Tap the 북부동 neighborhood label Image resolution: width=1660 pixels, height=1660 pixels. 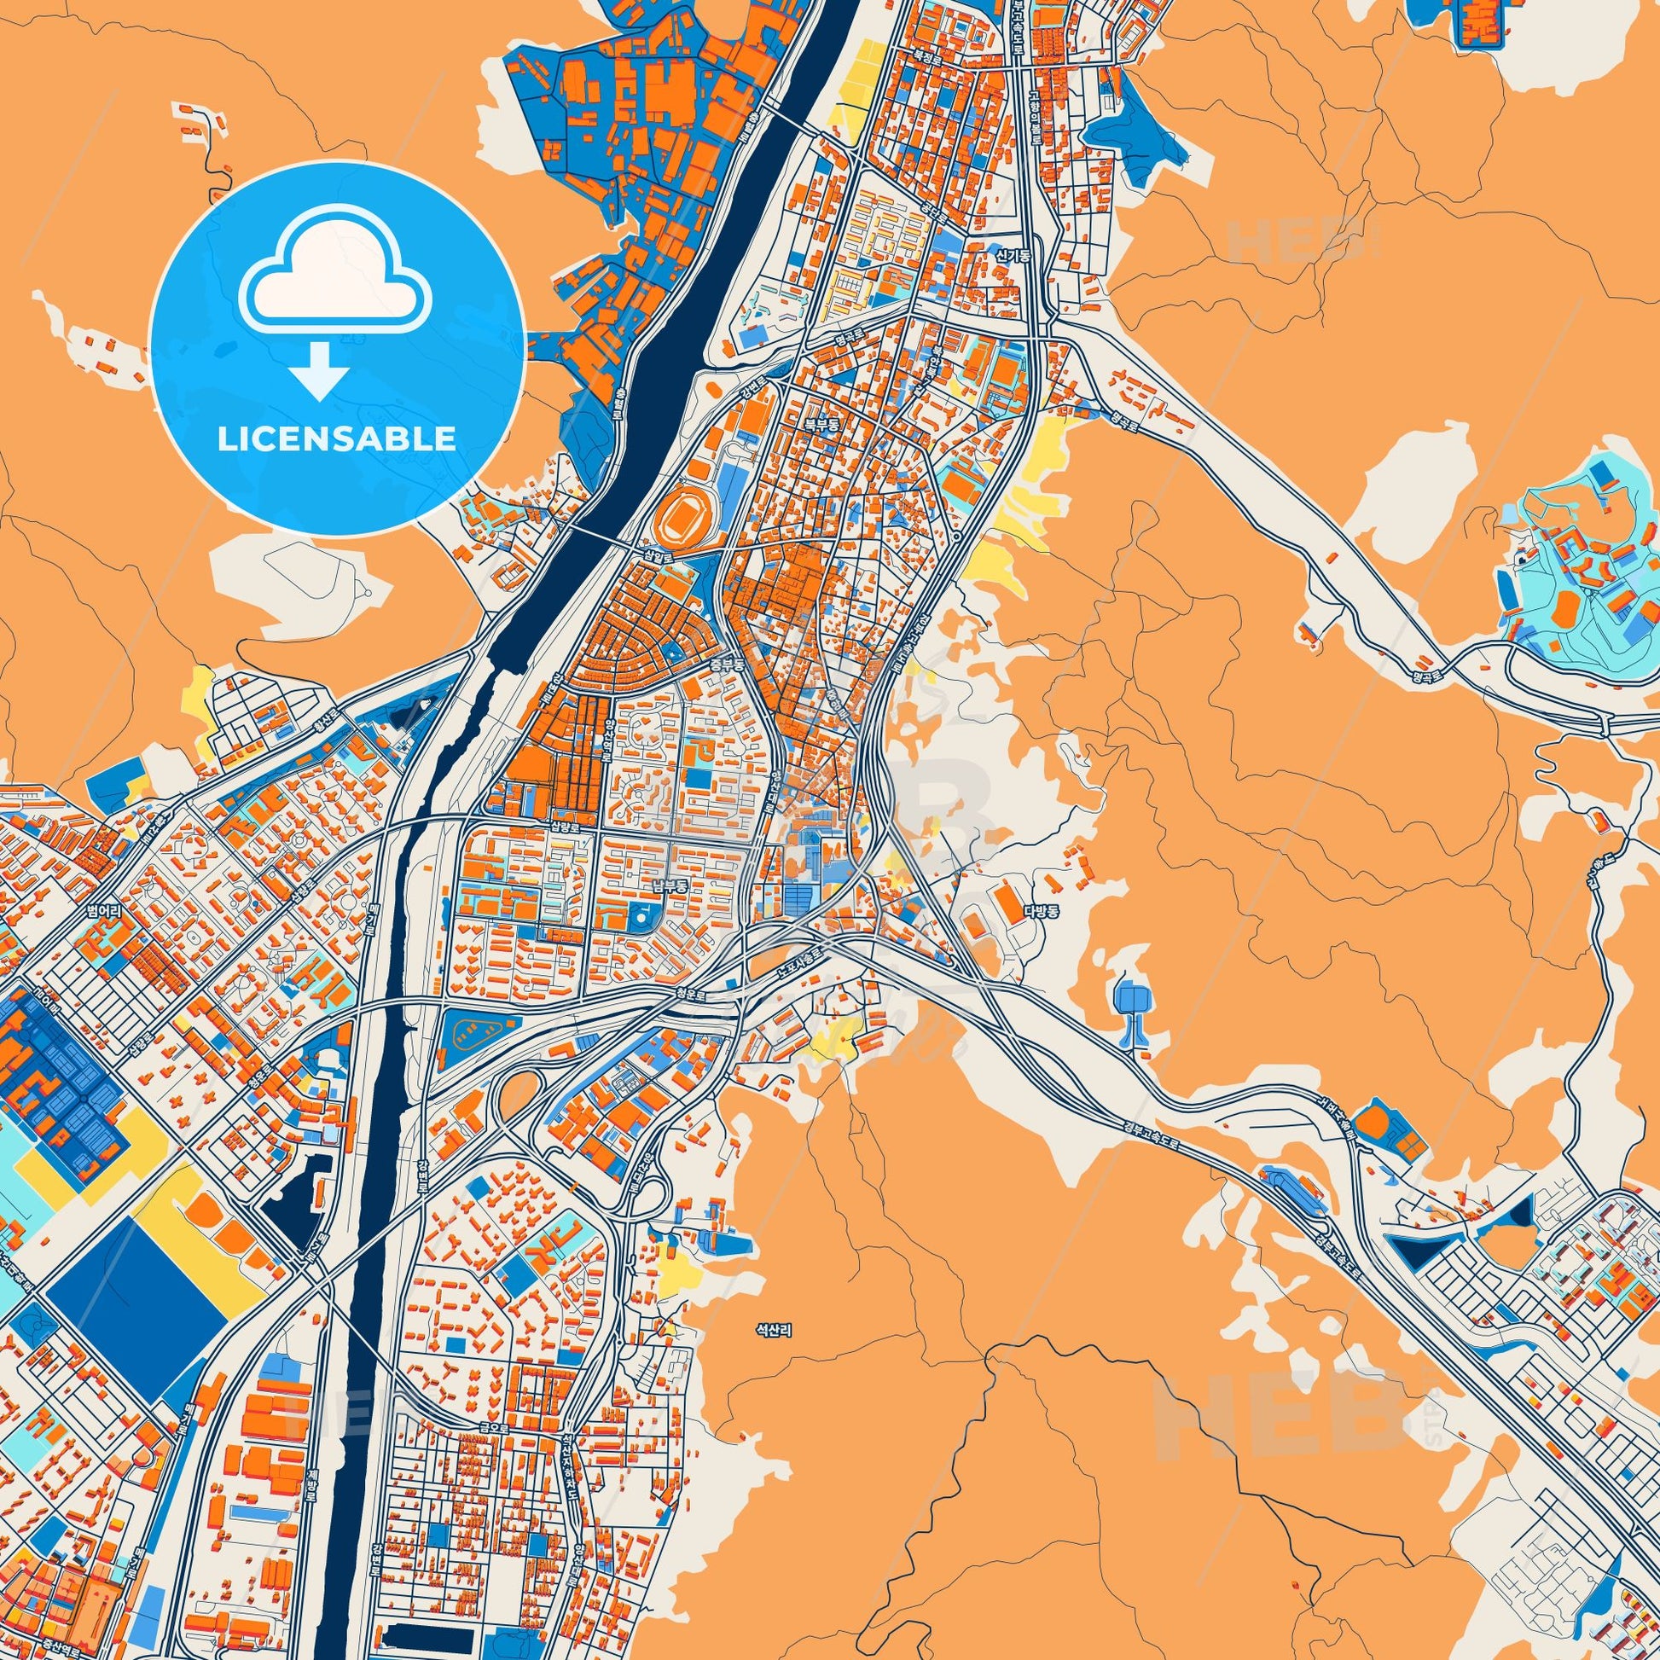click(x=820, y=426)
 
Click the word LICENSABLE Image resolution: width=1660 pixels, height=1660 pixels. click(x=337, y=439)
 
